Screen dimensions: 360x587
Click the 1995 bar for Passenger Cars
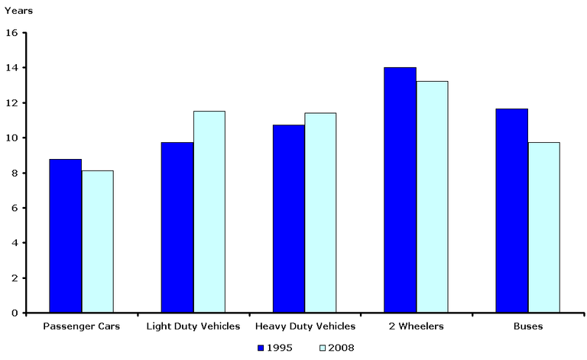[65, 236]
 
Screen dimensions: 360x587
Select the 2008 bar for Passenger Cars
[97, 242]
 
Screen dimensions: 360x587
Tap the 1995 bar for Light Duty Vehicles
[177, 228]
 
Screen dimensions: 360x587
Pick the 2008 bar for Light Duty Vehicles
[209, 212]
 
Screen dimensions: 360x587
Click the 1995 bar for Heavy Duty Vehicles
[288, 219]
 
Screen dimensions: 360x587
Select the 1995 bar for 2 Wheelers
[400, 190]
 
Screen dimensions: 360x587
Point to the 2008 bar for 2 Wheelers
[432, 197]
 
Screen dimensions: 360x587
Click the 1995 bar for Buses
[511, 211]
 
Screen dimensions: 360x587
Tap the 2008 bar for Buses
[543, 228]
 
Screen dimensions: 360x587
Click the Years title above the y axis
[18, 12]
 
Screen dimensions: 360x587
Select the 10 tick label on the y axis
[11, 138]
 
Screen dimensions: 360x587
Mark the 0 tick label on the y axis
[15, 313]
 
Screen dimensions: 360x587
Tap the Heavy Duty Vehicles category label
[305, 327]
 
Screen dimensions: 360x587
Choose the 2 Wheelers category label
[416, 327]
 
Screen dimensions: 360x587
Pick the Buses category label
[527, 327]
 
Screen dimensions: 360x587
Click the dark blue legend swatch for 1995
[261, 348]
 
